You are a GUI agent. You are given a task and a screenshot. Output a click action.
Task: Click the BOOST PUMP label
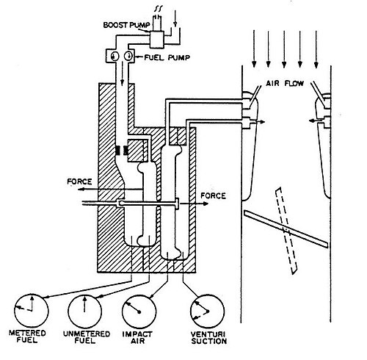point(126,25)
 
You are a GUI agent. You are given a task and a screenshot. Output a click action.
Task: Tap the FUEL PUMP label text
point(167,57)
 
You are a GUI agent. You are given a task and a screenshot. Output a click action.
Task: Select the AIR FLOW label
point(285,84)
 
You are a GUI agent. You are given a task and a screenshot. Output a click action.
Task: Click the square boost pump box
point(157,40)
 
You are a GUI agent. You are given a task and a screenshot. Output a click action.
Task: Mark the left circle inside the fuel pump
point(115,57)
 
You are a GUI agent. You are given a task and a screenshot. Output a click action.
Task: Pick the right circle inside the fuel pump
point(128,57)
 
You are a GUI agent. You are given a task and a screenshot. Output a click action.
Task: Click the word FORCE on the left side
point(79,181)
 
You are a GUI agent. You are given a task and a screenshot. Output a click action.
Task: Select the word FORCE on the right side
point(213,196)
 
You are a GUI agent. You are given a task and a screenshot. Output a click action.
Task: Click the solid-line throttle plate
point(286,229)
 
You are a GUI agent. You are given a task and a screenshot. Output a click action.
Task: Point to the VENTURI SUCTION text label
point(209,338)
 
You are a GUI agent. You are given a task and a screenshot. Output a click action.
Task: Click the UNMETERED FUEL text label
point(87,337)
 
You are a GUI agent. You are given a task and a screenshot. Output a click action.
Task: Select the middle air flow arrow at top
point(284,49)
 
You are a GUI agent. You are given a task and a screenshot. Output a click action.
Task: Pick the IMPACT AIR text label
point(137,337)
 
